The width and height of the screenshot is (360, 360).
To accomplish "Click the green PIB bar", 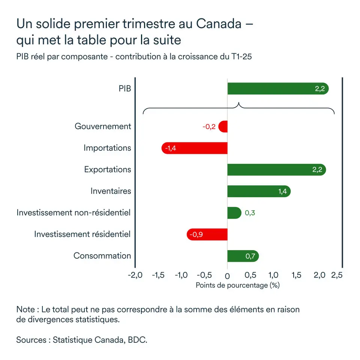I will click(277, 89).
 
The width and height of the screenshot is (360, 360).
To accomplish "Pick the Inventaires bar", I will click(259, 191).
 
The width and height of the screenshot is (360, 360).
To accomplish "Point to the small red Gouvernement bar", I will click(223, 127).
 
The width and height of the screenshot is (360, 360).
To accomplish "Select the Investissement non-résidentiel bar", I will click(234, 213).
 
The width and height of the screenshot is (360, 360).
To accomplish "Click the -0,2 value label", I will click(209, 127).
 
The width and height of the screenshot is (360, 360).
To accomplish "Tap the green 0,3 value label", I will click(250, 213).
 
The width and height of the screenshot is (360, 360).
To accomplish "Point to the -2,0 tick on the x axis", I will click(135, 275).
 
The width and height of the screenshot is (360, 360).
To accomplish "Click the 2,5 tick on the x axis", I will click(337, 275).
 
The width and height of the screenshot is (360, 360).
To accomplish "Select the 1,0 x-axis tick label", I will click(273, 275).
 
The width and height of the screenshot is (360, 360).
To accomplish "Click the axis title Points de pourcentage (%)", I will click(238, 285).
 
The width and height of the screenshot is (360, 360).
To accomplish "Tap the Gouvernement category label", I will click(103, 126).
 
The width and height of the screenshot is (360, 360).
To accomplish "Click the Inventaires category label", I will click(111, 191).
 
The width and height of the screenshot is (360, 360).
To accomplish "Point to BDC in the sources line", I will click(137, 340).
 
